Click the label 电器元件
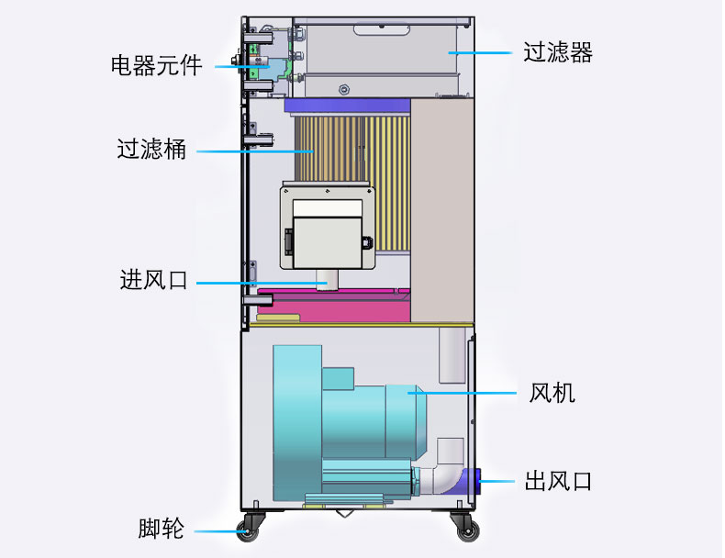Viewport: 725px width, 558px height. [x=156, y=66]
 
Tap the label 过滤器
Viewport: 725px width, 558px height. [x=558, y=52]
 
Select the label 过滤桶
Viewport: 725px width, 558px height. [x=151, y=149]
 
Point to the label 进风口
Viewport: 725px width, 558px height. [x=153, y=280]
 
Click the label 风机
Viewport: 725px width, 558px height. [x=552, y=394]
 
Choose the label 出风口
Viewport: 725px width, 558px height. [x=558, y=481]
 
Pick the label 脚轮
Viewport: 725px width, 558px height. [x=162, y=530]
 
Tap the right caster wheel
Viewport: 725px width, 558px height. [x=466, y=530]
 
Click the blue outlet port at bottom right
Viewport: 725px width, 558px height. [x=472, y=479]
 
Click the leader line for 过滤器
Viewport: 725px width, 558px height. [x=481, y=52]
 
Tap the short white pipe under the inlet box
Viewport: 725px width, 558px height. [x=326, y=280]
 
